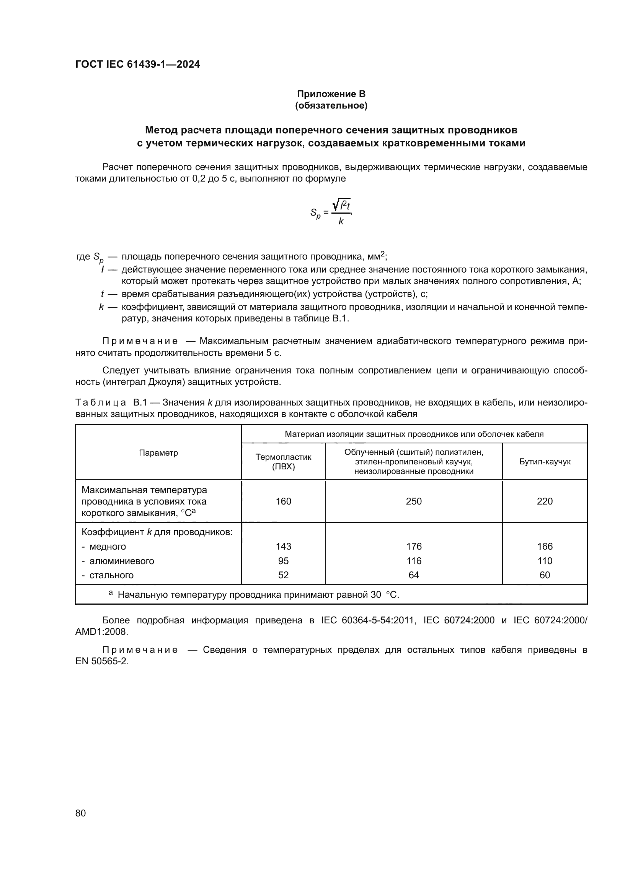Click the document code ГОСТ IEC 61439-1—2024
(137, 64)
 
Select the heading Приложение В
(331, 94)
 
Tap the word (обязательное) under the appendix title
(331, 105)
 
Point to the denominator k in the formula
(341, 221)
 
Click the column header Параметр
(158, 453)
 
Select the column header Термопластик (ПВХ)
(283, 461)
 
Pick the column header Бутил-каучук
(545, 461)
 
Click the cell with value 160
(283, 501)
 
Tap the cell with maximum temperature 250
(414, 501)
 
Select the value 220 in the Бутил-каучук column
(545, 501)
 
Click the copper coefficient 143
(283, 546)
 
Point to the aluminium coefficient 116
(414, 561)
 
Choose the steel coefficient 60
(545, 575)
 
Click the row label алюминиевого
(122, 561)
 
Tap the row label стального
(111, 575)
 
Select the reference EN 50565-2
(102, 661)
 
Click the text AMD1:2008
(101, 631)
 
